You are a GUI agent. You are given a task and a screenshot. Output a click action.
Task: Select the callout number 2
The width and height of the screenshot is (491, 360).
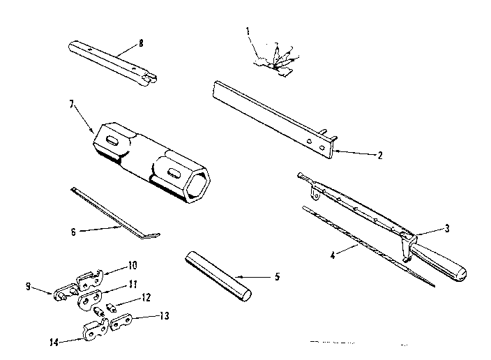click(379, 156)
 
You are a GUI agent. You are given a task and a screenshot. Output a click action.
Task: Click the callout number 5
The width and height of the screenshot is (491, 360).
click(277, 277)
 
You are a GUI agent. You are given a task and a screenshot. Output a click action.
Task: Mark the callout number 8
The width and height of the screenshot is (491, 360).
click(141, 43)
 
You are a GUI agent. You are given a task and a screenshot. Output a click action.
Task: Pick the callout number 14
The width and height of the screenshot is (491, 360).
click(54, 341)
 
